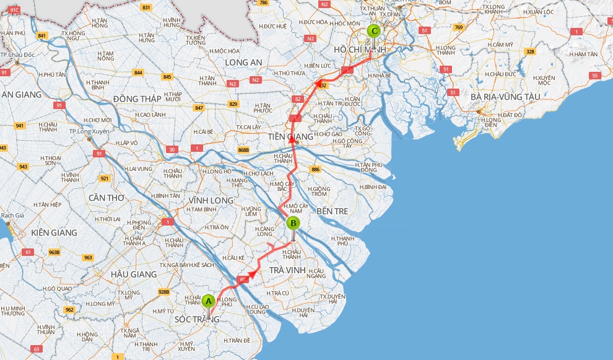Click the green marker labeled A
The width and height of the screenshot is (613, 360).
point(209,301)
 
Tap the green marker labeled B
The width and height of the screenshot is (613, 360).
point(293,223)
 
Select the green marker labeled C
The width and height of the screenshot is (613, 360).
point(373,30)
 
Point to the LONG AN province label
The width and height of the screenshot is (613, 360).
point(244,62)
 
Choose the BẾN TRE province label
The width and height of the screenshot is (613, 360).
point(333,211)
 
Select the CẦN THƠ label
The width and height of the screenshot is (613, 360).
point(107,198)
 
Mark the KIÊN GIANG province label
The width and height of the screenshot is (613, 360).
point(54,232)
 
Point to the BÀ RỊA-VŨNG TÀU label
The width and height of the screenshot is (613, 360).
point(505,97)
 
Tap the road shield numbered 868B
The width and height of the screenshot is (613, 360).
point(243,150)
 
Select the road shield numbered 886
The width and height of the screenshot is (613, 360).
point(316,169)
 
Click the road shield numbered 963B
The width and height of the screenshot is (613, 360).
point(54,252)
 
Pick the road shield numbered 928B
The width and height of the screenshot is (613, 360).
point(163,292)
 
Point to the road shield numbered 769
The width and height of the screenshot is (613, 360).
point(458,27)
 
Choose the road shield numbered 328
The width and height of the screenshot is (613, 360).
point(530,51)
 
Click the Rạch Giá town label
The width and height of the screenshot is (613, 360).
point(12,216)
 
